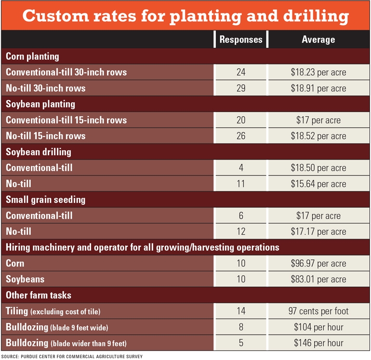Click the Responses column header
point(241,40)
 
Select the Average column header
point(318,40)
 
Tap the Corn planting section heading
point(32,56)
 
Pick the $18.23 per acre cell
point(318,72)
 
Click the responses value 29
point(241,88)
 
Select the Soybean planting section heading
point(40,104)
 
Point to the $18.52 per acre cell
point(318,136)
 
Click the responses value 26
point(241,136)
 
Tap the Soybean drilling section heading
point(39,152)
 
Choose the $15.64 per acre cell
point(318,184)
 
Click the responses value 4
point(241,168)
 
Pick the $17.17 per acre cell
point(318,231)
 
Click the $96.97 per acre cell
point(318,263)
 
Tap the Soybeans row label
point(25,279)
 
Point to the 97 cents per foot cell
point(318,311)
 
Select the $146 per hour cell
point(318,343)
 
